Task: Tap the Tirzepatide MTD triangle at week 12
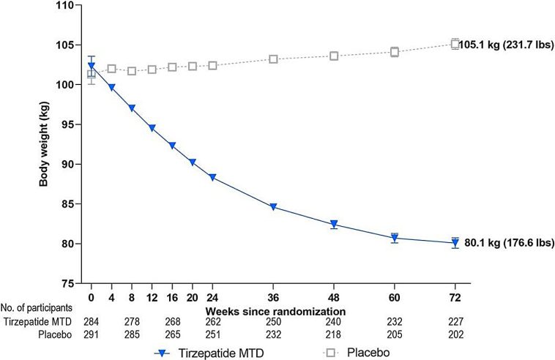152,128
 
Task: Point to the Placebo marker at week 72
455,43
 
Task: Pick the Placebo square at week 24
212,65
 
